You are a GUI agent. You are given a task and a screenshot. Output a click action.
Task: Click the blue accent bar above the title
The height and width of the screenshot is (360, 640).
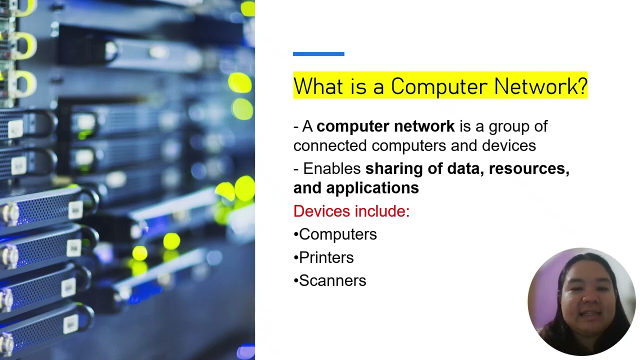pyautogui.click(x=318, y=54)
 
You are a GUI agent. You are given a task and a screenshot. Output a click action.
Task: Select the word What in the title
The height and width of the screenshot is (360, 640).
pyautogui.click(x=312, y=86)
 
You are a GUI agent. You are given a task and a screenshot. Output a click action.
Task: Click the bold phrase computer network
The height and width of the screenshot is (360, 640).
pyautogui.click(x=385, y=126)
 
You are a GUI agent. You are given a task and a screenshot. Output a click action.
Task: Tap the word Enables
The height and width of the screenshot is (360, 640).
pyautogui.click(x=332, y=169)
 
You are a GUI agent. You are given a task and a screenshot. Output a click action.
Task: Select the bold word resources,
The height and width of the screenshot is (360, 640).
pyautogui.click(x=529, y=169)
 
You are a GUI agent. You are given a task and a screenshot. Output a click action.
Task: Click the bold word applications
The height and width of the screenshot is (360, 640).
pyautogui.click(x=372, y=188)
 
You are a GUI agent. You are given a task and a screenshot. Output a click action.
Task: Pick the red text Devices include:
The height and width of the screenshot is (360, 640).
pyautogui.click(x=351, y=211)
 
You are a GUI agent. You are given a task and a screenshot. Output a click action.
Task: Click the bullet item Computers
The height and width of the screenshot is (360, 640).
pyautogui.click(x=337, y=234)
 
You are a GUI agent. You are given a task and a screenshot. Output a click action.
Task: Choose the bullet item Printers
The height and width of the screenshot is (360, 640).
pyautogui.click(x=326, y=257)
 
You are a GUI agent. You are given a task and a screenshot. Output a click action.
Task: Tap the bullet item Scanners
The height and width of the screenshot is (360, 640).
pyautogui.click(x=332, y=280)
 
